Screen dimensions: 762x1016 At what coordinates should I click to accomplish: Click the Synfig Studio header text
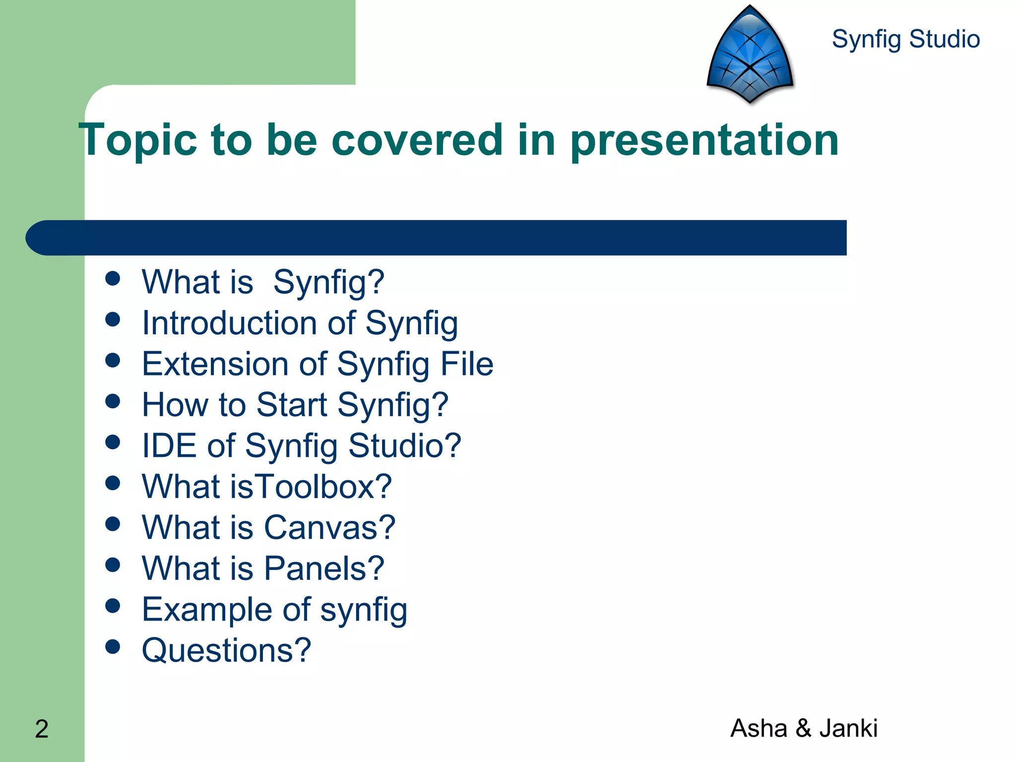[905, 39]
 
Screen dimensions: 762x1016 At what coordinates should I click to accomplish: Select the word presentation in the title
[704, 140]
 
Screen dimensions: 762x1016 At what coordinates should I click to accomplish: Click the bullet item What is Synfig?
[263, 282]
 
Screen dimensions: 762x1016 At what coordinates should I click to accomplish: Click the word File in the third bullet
[467, 364]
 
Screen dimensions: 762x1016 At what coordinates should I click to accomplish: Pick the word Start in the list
[292, 404]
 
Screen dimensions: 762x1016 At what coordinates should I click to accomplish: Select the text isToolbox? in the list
[311, 487]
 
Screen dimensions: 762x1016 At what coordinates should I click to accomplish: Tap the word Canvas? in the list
[329, 527]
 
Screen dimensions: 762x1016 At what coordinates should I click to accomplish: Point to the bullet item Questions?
[226, 650]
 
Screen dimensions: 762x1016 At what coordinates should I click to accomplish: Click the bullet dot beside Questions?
[113, 646]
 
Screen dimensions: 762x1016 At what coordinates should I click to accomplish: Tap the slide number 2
[42, 729]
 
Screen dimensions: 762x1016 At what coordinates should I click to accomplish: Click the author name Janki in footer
[848, 728]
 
